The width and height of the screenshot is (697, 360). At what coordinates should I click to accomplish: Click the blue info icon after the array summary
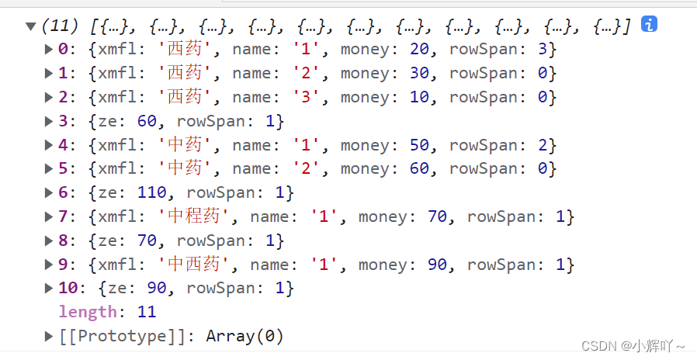(650, 24)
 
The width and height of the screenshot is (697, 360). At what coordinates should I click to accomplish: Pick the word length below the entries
(87, 313)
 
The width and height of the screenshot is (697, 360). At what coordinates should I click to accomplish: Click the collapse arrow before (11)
(31, 26)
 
